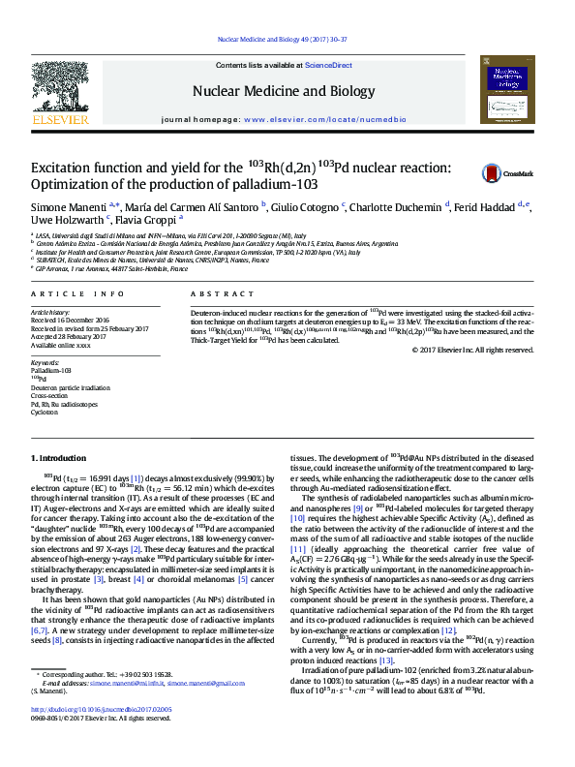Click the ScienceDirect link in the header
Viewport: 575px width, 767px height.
pos(328,65)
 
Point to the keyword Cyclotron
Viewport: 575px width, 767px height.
pos(45,412)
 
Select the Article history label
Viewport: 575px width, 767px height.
pos(51,313)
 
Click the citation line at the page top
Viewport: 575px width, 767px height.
pos(287,42)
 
